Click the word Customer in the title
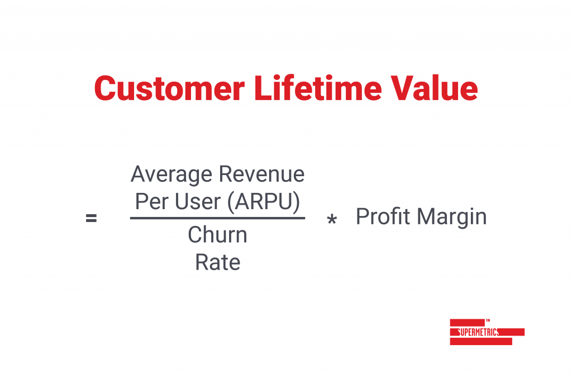pyautogui.click(x=170, y=88)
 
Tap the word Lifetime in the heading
pyautogui.click(x=318, y=88)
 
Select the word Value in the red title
pyautogui.click(x=434, y=88)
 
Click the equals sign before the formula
pyautogui.click(x=91, y=218)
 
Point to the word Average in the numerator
pyautogui.click(x=171, y=175)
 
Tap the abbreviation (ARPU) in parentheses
pyautogui.click(x=264, y=202)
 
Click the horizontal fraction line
pyautogui.click(x=217, y=218)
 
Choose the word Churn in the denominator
pyautogui.click(x=217, y=234)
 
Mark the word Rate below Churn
pyautogui.click(x=218, y=262)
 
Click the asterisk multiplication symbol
pyautogui.click(x=332, y=219)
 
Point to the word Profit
pyautogui.click(x=383, y=216)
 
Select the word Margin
pyautogui.click(x=451, y=218)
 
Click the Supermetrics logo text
pyautogui.click(x=478, y=332)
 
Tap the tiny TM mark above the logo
pyautogui.click(x=488, y=320)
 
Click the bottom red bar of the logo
pyautogui.click(x=481, y=342)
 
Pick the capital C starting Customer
pyautogui.click(x=106, y=88)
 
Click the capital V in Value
pyautogui.click(x=403, y=88)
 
